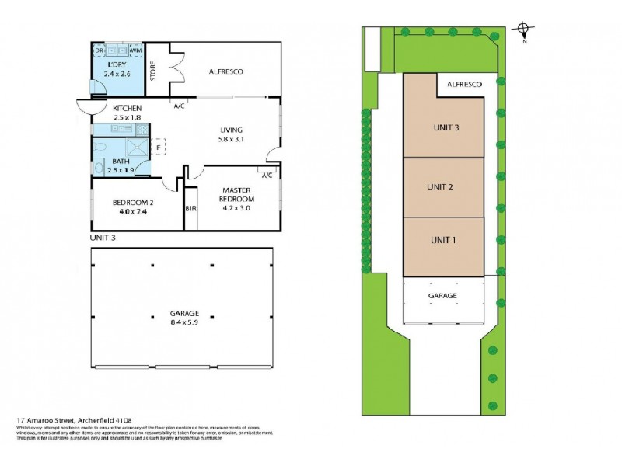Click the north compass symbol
pos(525,32)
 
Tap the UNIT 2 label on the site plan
pos(440,186)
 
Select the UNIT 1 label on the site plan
pos(442,240)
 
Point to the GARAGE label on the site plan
pos(442,296)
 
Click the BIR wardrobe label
pos(190,209)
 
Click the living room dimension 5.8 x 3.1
pos(232,140)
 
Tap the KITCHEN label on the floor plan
pos(127,108)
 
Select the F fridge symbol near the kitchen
pos(159,145)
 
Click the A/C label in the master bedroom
pos(267,175)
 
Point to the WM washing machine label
pos(135,50)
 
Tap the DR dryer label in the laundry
pos(100,50)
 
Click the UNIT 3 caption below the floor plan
pos(103,238)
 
